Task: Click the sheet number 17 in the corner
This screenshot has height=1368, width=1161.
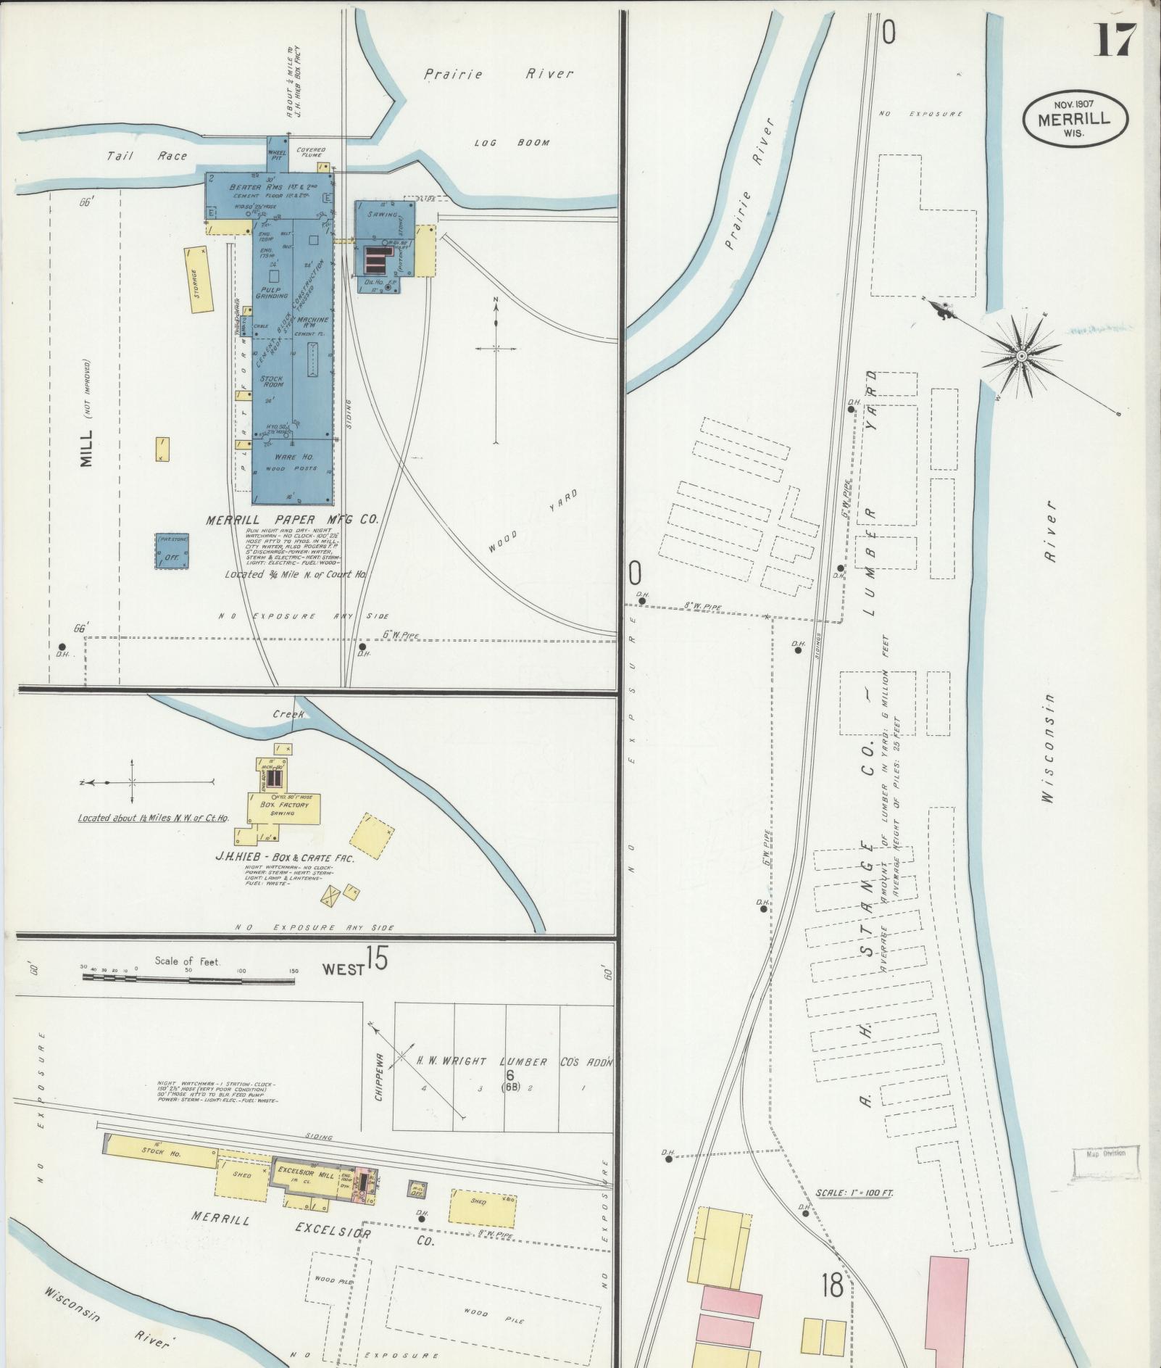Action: click(1115, 40)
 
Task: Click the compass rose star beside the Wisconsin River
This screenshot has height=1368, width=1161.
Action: click(1020, 355)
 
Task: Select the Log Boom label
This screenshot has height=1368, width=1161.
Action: click(512, 143)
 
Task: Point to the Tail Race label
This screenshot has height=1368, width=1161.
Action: click(146, 156)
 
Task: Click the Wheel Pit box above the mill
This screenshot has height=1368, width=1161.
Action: click(277, 153)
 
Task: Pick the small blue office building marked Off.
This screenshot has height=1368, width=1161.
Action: click(172, 552)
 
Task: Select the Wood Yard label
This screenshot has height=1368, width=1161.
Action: click(533, 522)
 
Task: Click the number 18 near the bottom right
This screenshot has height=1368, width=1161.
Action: click(833, 1286)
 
